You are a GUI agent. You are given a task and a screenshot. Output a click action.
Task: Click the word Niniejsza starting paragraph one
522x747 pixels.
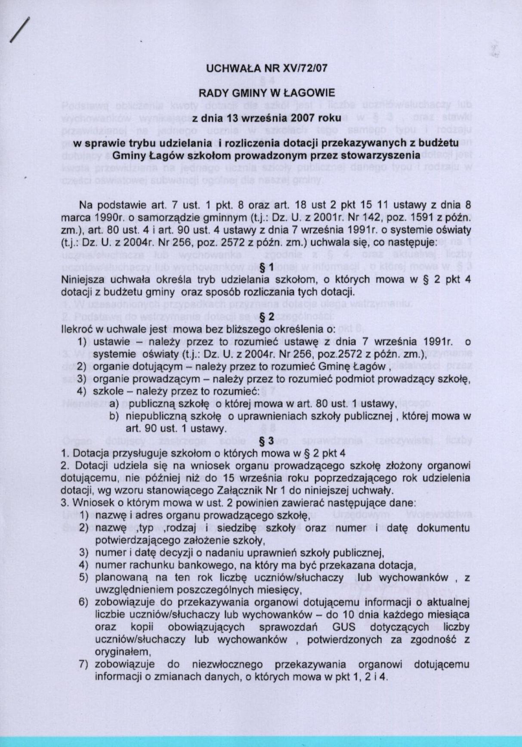click(82, 280)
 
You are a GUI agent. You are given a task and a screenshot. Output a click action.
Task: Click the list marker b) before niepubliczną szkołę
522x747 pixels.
click(114, 417)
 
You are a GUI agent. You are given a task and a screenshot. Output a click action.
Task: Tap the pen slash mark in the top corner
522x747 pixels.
click(20, 30)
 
